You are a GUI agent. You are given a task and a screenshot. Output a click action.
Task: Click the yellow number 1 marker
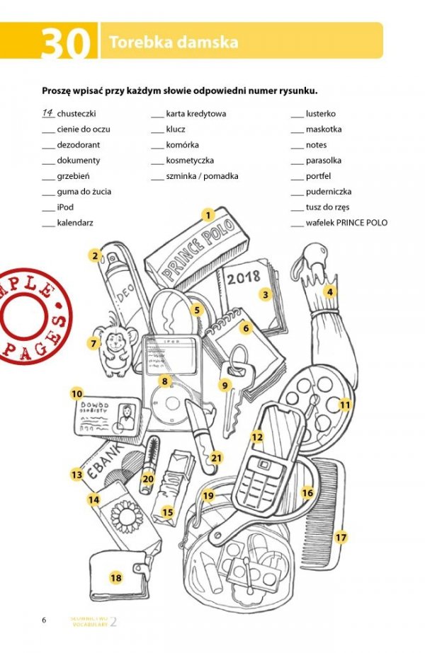pyautogui.click(x=208, y=214)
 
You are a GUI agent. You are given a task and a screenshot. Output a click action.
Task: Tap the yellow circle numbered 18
pyautogui.click(x=116, y=578)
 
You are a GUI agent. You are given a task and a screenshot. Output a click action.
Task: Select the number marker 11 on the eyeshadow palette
pyautogui.click(x=345, y=405)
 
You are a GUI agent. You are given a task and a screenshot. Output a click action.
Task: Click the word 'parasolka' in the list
pyautogui.click(x=323, y=161)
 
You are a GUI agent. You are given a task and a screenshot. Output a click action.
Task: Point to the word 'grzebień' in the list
pyautogui.click(x=74, y=176)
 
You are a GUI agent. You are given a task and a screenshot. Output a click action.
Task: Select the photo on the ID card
pyautogui.click(x=126, y=416)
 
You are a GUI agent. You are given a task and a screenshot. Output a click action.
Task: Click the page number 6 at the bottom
pyautogui.click(x=44, y=620)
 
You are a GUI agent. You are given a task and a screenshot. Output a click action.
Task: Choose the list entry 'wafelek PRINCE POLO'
pyautogui.click(x=346, y=223)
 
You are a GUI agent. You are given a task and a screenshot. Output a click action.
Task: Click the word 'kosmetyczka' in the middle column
pyautogui.click(x=190, y=161)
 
